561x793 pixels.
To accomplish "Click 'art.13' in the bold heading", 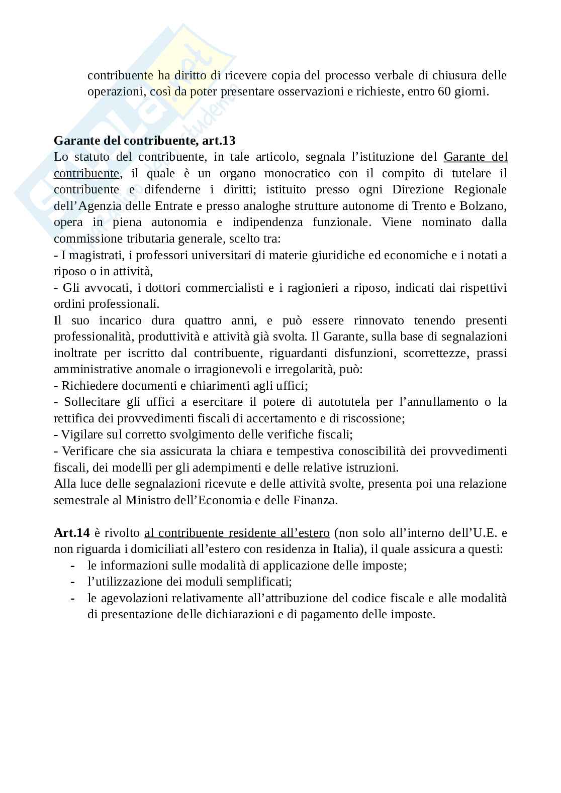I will coord(219,140).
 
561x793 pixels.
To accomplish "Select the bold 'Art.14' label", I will coord(71,533).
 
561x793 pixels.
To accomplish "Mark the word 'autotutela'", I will coord(348,402).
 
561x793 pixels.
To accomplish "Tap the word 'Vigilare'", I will coord(82,434).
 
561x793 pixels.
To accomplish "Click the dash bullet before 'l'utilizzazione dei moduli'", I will coord(73,582).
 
